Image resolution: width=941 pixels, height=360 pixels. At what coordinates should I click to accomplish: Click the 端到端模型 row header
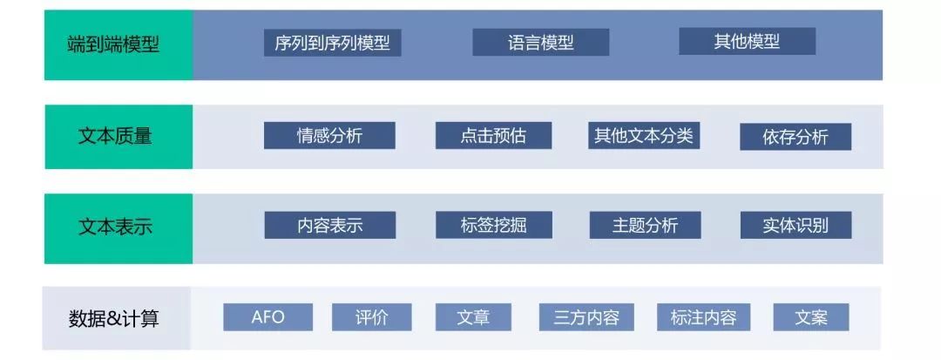(118, 44)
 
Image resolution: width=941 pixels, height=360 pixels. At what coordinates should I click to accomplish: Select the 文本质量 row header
(118, 137)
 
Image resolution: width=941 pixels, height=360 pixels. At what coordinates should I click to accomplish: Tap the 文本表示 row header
(118, 228)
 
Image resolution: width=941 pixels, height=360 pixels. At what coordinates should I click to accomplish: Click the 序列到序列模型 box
(332, 43)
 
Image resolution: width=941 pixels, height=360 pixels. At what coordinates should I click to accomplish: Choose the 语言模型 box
(540, 43)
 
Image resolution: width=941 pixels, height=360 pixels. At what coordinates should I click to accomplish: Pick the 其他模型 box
(747, 42)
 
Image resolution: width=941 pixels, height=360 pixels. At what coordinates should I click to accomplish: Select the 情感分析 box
(329, 135)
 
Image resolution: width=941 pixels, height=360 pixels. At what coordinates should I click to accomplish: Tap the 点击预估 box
(493, 135)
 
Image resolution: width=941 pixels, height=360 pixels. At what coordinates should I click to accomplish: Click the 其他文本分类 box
(644, 135)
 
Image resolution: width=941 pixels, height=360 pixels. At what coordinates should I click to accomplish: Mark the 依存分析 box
(795, 136)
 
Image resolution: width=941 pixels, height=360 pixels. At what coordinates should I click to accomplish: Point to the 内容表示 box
(329, 225)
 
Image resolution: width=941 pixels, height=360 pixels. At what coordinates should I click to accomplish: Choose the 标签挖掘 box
(493, 225)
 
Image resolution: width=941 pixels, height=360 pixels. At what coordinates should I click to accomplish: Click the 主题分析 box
(645, 225)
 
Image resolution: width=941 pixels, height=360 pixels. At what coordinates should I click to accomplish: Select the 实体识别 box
(795, 225)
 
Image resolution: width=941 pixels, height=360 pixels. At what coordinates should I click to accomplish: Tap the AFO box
(268, 316)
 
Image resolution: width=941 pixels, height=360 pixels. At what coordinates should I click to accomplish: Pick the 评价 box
(371, 316)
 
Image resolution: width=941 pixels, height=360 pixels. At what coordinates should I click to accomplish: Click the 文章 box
(473, 316)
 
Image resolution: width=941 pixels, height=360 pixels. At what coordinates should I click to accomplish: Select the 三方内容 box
(586, 316)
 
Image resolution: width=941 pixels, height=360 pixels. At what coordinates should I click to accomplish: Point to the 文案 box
(810, 316)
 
